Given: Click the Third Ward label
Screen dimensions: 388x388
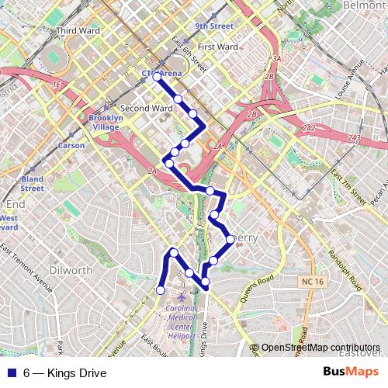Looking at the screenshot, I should [78, 31].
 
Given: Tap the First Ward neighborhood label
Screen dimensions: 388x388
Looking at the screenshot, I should [218, 47].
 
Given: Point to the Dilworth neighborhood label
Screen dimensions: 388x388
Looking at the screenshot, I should [70, 271].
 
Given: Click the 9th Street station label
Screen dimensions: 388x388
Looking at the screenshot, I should [213, 26].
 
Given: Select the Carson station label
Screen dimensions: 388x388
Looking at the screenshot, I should [71, 145].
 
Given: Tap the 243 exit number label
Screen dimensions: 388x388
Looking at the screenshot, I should [355, 137].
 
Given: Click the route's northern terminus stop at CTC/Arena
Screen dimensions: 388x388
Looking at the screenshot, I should [157, 77].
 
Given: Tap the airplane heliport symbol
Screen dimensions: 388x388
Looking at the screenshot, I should [182, 295].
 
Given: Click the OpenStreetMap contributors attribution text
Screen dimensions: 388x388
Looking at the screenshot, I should [320, 348].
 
